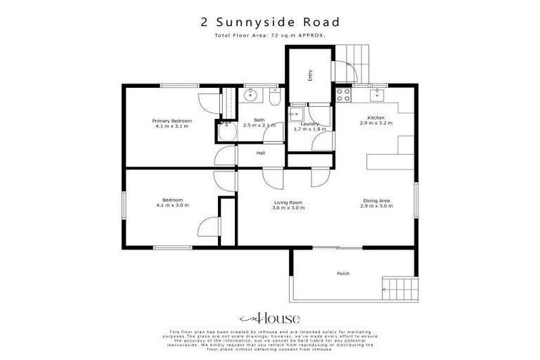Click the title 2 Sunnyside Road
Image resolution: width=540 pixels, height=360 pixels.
click(x=270, y=22)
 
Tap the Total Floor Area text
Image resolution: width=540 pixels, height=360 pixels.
click(x=270, y=34)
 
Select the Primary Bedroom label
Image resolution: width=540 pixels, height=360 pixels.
click(x=172, y=121)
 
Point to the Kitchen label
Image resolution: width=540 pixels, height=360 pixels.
click(x=375, y=117)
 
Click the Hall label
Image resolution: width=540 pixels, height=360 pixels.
click(x=260, y=153)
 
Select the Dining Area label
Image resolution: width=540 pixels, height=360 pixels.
click(x=375, y=200)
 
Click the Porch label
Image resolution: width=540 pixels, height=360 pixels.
click(x=343, y=274)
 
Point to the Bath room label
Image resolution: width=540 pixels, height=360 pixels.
click(x=259, y=120)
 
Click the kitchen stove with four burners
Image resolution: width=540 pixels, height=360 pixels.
click(x=343, y=94)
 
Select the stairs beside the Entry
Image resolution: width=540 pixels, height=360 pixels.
click(x=352, y=56)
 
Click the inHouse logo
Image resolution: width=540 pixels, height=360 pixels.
click(x=270, y=317)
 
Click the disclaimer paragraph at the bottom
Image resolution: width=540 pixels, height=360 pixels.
click(x=270, y=340)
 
